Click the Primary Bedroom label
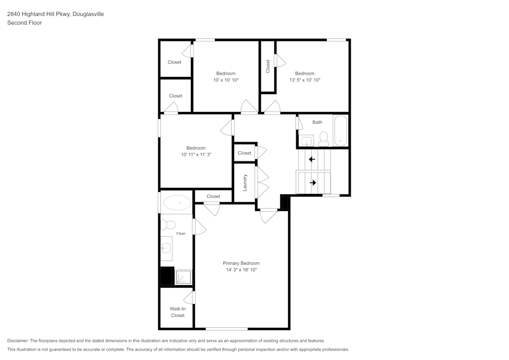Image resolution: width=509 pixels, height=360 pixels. pos(241,263)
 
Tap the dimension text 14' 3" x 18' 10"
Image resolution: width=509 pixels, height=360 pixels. pos(241,270)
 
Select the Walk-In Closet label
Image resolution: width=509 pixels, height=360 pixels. pos(177,312)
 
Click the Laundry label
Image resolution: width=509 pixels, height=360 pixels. pos(245,183)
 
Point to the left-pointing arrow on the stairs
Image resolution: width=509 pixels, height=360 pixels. pos(312,159)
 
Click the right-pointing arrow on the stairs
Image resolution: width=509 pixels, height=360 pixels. pos(313,183)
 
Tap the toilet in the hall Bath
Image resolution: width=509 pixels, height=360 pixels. pos(323,139)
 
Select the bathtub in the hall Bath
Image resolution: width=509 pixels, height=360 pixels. pos(340,131)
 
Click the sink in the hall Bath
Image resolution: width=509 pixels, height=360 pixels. pos(306,141)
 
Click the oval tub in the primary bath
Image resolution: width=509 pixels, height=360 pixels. pos(177,203)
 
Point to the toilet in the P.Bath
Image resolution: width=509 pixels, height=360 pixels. pos(168,224)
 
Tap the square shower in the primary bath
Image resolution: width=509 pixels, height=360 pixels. pos(183,278)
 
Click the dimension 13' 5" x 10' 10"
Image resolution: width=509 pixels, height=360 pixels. pos(304,80)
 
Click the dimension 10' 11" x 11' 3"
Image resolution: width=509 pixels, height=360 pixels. pos(195,154)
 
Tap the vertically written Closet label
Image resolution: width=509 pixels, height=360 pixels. pos(268,66)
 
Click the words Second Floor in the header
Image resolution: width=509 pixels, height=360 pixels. pos(24,22)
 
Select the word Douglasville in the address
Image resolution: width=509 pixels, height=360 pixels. pos(87,14)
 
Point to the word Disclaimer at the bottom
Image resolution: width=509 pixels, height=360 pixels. pos(19,341)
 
